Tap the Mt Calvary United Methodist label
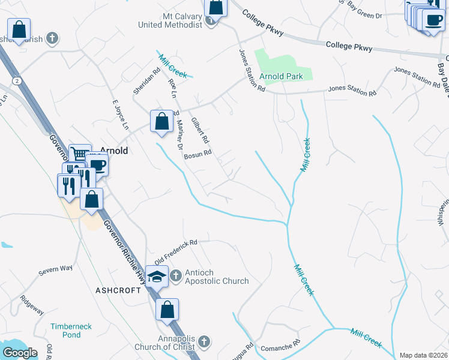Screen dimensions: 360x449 (170, 20)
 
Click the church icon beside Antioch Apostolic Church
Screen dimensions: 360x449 (175, 276)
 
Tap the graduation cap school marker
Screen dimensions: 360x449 (157, 277)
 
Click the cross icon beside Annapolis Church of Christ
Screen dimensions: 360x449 (203, 342)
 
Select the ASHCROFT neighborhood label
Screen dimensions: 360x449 (118, 290)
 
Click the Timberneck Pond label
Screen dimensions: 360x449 (71, 330)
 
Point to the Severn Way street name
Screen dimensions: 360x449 (55, 270)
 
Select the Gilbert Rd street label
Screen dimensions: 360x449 (200, 130)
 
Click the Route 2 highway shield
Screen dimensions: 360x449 (16, 80)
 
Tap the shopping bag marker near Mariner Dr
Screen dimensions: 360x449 (161, 121)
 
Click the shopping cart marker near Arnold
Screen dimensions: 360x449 (79, 154)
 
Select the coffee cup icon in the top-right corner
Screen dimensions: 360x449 (433, 19)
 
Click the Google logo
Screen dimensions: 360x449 (20, 353)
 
